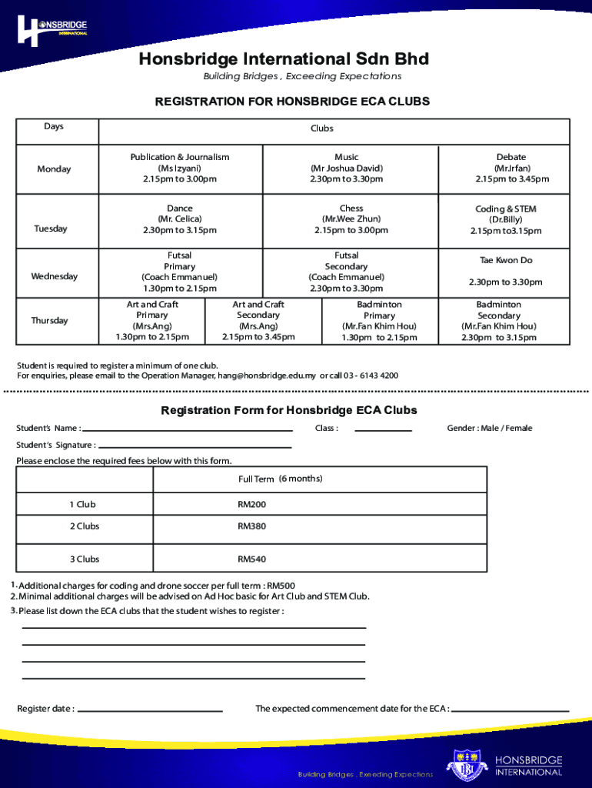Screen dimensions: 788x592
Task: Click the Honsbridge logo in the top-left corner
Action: (x=52, y=29)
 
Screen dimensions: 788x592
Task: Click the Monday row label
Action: (x=54, y=169)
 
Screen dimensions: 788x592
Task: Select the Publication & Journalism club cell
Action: (x=179, y=168)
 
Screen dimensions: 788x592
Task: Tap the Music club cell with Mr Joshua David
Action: (x=346, y=168)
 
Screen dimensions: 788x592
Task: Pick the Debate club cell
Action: (x=511, y=168)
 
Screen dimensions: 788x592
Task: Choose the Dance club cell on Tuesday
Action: (x=179, y=219)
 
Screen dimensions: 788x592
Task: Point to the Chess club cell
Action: (x=346, y=219)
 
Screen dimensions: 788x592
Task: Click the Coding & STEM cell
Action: (x=505, y=220)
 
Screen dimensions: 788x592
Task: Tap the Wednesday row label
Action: (x=54, y=276)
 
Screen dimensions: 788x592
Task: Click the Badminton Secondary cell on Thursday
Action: (x=498, y=321)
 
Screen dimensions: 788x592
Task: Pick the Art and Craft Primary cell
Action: (x=152, y=321)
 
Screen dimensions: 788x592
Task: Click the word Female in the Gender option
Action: (x=517, y=428)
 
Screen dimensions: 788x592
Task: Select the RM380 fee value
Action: (x=251, y=526)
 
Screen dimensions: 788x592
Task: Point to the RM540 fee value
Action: (x=251, y=559)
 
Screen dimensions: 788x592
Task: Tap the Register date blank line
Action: (x=150, y=710)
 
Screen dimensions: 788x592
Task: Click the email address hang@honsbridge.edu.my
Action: (x=267, y=376)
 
